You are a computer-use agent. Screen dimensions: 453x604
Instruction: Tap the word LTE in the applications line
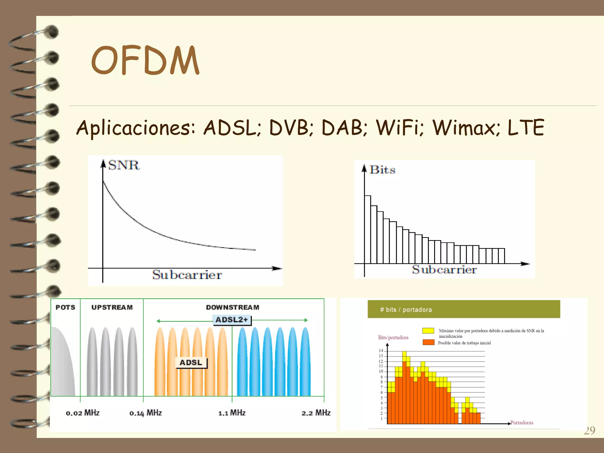coord(526,127)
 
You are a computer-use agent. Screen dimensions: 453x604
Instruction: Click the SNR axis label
coord(124,165)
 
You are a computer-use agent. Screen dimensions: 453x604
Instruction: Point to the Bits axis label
coord(382,170)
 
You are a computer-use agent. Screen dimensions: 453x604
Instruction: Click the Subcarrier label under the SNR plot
coord(187,275)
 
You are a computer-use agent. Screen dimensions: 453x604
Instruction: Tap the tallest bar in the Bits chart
coord(367,229)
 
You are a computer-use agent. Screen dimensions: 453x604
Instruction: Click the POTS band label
coord(65,307)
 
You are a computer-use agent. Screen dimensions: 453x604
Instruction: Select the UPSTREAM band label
coord(112,307)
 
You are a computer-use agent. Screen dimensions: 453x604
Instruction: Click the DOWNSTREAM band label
coord(233,307)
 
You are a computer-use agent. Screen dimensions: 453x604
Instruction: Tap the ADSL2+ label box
coord(232,320)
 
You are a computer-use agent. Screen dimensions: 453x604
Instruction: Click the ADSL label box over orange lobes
coord(191,362)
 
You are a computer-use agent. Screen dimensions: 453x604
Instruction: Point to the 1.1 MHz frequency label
coord(232,413)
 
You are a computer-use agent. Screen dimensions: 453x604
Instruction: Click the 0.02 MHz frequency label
coord(83,413)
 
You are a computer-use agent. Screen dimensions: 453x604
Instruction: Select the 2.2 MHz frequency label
coord(316,413)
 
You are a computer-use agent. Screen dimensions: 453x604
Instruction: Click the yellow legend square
coord(428,331)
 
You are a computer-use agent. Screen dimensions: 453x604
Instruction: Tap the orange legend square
coord(428,342)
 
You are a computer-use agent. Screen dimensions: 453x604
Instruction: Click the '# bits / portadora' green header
coord(464,309)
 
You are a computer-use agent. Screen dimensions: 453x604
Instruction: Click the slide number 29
coord(589,431)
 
